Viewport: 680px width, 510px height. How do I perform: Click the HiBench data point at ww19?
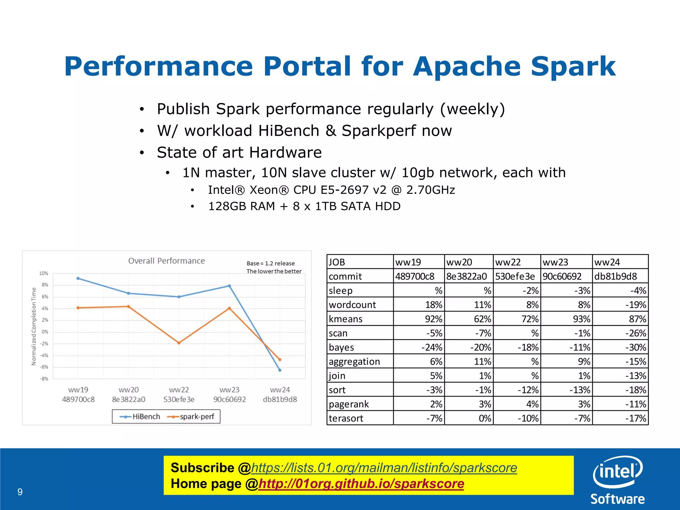(x=78, y=278)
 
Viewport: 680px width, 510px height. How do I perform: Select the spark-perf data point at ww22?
(x=179, y=343)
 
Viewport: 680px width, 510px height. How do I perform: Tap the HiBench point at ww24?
(x=280, y=370)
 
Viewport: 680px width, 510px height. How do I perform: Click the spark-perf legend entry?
(x=191, y=416)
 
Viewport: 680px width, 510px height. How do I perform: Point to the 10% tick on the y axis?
(x=43, y=273)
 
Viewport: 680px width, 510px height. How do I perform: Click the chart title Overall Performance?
(x=166, y=261)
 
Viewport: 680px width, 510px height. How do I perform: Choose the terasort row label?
(x=346, y=418)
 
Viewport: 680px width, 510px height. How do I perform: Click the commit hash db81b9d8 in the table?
(x=616, y=276)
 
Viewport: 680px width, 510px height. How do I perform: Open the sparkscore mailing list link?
(x=384, y=467)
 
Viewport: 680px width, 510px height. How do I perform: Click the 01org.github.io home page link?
(x=361, y=484)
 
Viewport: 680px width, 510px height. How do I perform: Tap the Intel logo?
(x=618, y=471)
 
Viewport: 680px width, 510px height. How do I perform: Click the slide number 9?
(x=20, y=492)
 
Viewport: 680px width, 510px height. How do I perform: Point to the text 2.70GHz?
(x=431, y=190)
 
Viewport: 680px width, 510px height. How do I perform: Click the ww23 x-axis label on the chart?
(x=229, y=389)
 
